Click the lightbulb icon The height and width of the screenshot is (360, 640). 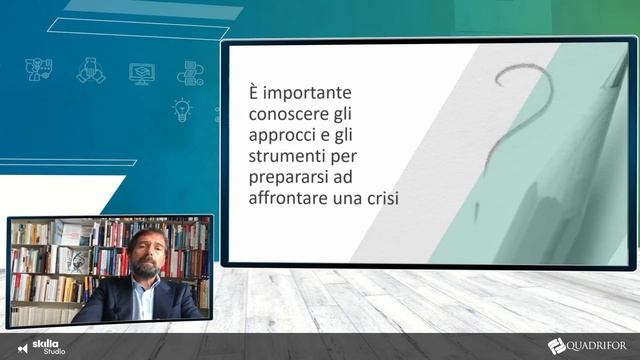182,108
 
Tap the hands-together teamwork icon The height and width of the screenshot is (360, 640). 91,70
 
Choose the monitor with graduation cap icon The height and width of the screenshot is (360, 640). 142,72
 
